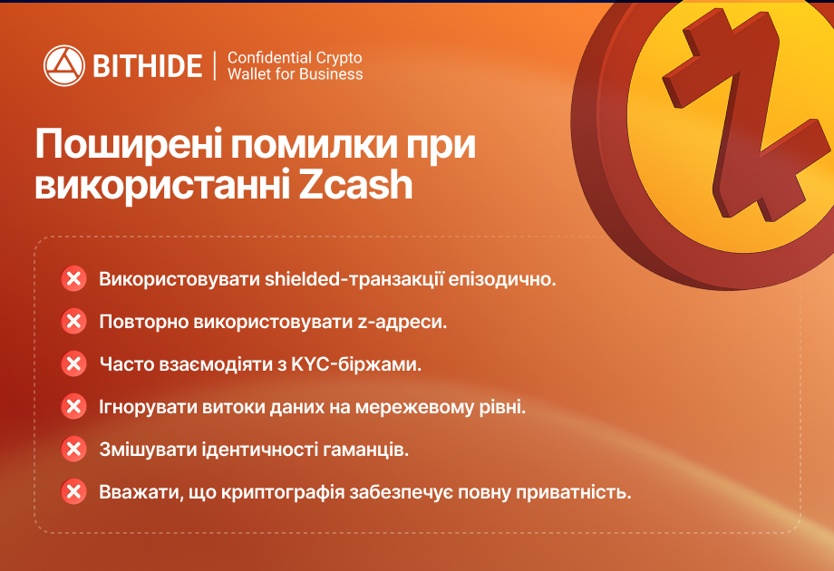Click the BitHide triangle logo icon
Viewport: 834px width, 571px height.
(x=63, y=65)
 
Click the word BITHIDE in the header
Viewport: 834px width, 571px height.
(x=148, y=66)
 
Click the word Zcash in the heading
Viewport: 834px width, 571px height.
(x=356, y=184)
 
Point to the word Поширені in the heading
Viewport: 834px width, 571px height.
(x=128, y=143)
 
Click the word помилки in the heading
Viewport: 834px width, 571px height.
(x=314, y=143)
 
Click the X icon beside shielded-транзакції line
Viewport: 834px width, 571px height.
(x=73, y=278)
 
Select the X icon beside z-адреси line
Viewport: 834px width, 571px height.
(x=73, y=321)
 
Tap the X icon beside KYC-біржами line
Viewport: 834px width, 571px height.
(x=73, y=363)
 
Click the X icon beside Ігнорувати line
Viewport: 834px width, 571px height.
(x=73, y=406)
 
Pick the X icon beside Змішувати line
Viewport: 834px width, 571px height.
(x=73, y=450)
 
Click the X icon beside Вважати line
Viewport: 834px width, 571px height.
(x=73, y=492)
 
